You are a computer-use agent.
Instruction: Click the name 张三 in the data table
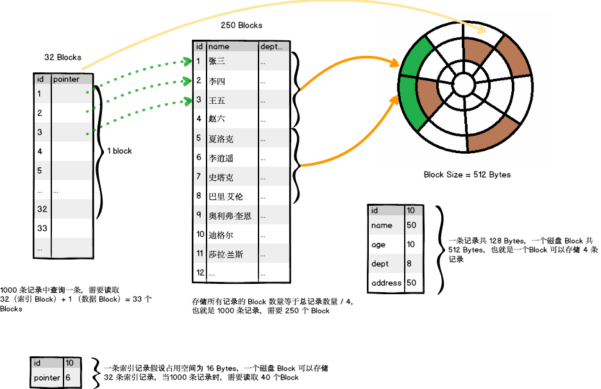click(x=217, y=62)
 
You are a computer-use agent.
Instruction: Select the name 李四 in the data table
click(x=217, y=81)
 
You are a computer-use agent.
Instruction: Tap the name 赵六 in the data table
click(x=217, y=119)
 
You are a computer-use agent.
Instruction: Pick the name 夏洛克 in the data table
click(x=221, y=138)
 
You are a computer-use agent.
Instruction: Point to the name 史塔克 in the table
click(x=221, y=178)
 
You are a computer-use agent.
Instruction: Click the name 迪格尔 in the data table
click(x=221, y=235)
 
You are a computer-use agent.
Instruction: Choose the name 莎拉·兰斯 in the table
click(x=226, y=254)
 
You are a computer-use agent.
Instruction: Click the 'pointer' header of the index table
click(x=67, y=79)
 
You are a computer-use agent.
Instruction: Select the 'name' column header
click(x=219, y=47)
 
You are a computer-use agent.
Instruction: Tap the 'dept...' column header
click(x=271, y=47)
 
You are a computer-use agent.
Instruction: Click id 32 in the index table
click(x=42, y=209)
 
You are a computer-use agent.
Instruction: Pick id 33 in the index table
click(x=42, y=228)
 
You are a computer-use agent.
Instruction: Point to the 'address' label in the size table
click(x=386, y=283)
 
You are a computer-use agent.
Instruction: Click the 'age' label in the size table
click(x=378, y=245)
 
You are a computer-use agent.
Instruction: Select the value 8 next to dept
click(x=410, y=263)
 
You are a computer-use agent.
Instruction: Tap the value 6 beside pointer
click(x=68, y=378)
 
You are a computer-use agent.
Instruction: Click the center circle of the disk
click(x=463, y=84)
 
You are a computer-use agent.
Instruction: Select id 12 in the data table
click(x=200, y=272)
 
